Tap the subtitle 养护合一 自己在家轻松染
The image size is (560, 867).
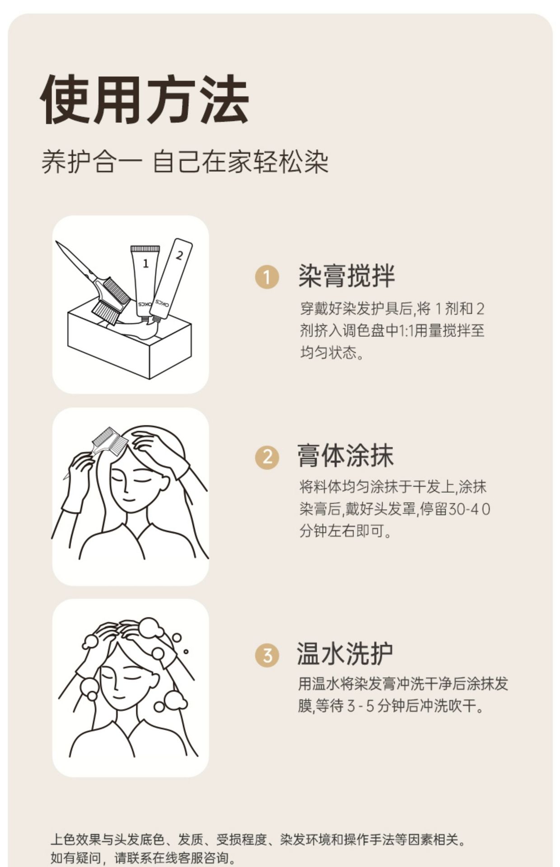coord(185,162)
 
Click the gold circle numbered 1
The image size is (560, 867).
coord(267,277)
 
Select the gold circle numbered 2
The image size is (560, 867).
coord(267,457)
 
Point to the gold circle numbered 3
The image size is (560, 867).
coord(267,655)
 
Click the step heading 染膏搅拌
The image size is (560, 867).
coord(346,276)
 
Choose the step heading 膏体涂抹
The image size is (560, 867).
coord(345,455)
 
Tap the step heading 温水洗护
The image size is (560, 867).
coord(345,653)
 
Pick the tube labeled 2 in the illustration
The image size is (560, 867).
coord(171,278)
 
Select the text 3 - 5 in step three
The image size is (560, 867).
coord(361,706)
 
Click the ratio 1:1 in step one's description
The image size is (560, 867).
coord(406,331)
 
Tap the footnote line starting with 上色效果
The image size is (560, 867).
coord(258,840)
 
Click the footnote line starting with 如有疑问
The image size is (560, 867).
coord(143,858)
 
